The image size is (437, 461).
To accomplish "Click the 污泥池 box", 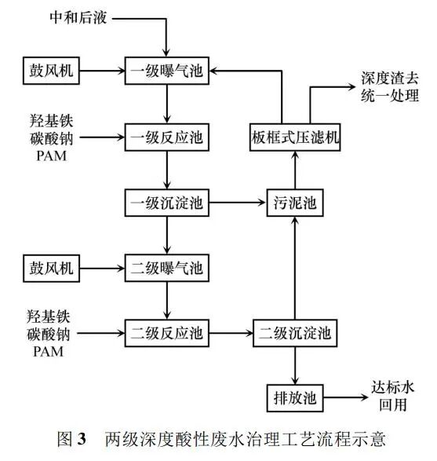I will pyautogui.click(x=294, y=204).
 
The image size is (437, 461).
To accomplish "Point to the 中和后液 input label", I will pyautogui.click(x=77, y=16).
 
